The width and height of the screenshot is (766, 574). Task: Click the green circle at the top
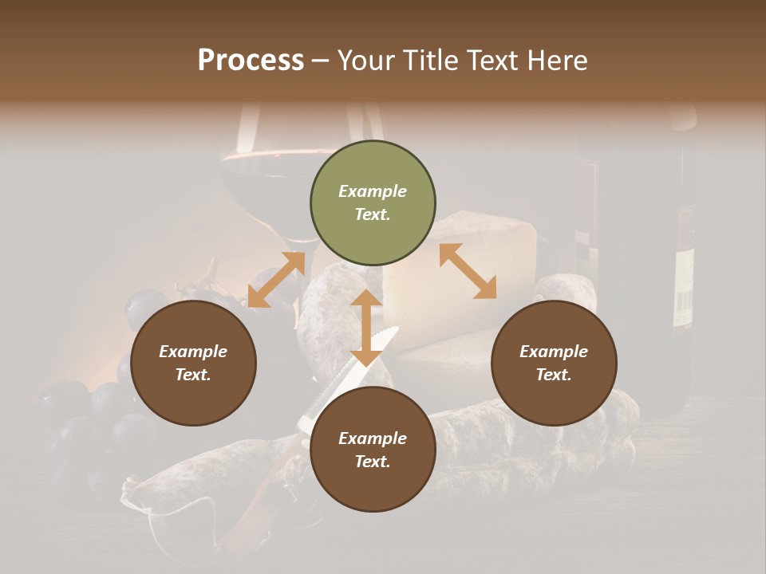pos(373,202)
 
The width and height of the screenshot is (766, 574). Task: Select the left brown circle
pos(193,363)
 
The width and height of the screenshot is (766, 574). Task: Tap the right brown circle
pos(554,363)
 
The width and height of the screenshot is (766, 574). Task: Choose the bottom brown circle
pos(373,450)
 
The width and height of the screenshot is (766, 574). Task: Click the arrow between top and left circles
pos(276,280)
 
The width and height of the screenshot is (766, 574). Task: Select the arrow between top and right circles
pos(468,271)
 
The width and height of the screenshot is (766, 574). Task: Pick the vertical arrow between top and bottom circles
pos(366,327)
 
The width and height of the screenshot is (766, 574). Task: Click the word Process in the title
pos(251,60)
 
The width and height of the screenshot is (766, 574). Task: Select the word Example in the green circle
pos(373,191)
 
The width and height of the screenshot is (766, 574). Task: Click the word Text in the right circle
pos(554,375)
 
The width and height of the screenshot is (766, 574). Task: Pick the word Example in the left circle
pos(193,352)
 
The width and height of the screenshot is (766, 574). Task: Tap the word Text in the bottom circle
pos(373,462)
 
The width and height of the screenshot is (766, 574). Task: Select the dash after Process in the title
pos(321,61)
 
